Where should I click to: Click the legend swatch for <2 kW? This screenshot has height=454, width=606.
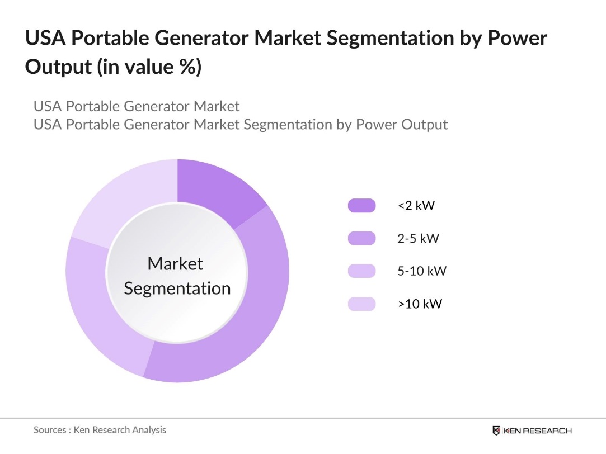[x=361, y=206]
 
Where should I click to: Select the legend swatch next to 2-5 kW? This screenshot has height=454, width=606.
[x=361, y=239]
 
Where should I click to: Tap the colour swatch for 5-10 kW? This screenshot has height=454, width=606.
[x=361, y=271]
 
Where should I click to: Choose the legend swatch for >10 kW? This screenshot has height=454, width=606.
[x=361, y=304]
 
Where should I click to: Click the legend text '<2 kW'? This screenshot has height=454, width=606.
[x=416, y=206]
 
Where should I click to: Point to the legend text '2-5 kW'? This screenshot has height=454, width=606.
[x=418, y=239]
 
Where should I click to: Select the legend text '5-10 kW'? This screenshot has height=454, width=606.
[x=422, y=271]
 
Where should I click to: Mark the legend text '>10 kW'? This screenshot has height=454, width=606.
[x=420, y=304]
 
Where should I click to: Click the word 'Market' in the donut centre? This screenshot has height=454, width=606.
[x=175, y=263]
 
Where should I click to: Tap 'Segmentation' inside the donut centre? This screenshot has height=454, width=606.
[x=177, y=289]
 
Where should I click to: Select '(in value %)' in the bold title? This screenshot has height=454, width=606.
[x=149, y=67]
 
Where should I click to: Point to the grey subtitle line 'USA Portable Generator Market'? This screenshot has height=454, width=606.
[x=137, y=106]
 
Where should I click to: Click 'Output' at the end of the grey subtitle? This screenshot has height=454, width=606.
[x=424, y=124]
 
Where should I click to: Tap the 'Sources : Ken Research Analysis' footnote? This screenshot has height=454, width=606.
[x=100, y=430]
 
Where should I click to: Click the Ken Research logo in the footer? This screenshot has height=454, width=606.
[x=532, y=431]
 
